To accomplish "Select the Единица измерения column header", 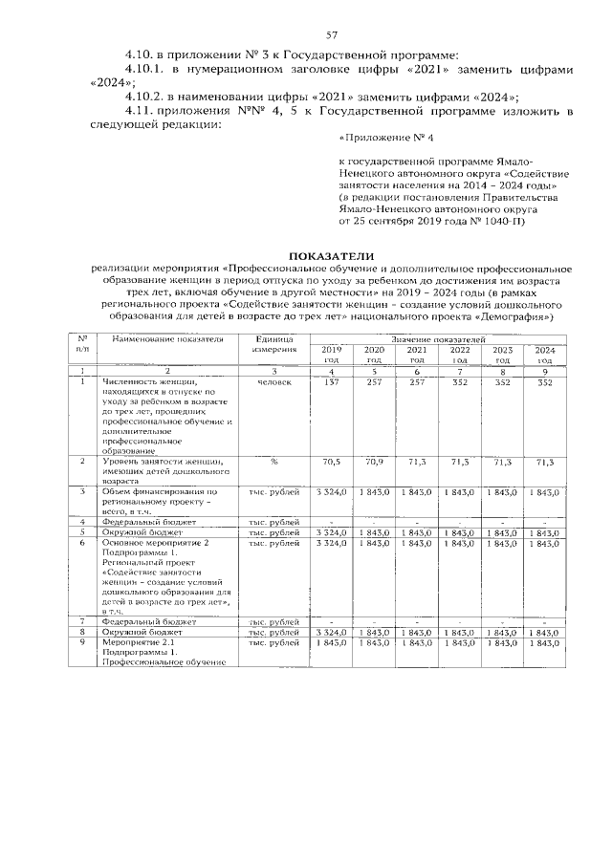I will [x=274, y=345].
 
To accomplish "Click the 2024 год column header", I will [x=544, y=355].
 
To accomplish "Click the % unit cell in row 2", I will [x=274, y=462].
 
